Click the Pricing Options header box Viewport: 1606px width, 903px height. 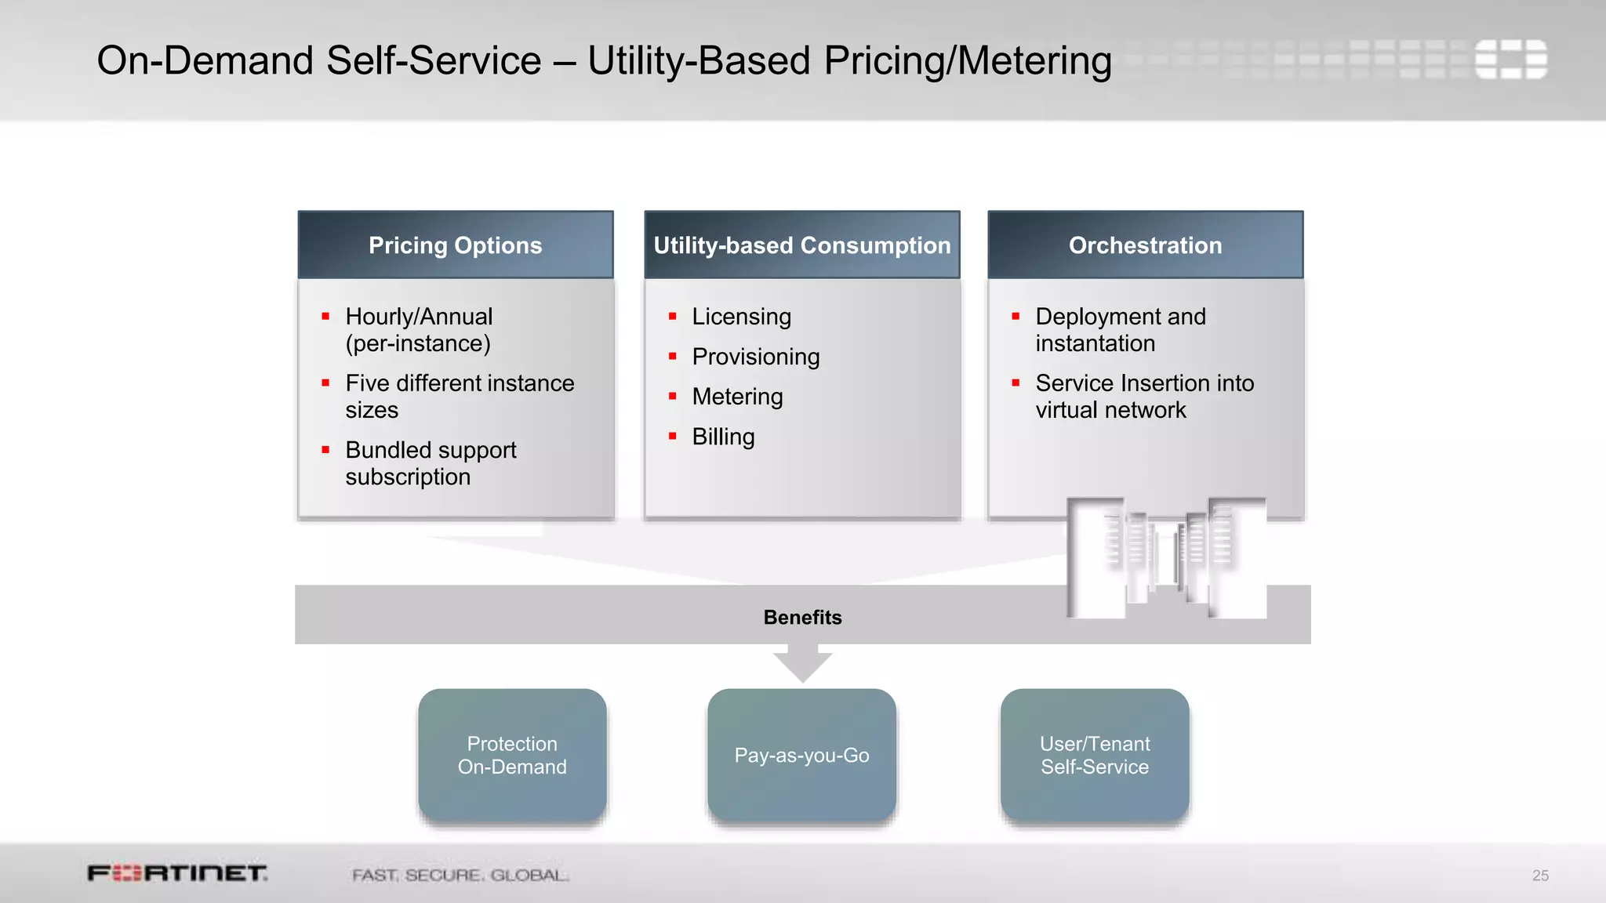pyautogui.click(x=455, y=245)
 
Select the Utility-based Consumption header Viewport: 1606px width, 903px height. pyautogui.click(x=801, y=245)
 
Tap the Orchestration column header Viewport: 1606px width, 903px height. pyautogui.click(x=1145, y=245)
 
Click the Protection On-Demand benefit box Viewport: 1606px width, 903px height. pyautogui.click(x=512, y=755)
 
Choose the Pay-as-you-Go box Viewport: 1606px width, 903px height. pyautogui.click(x=801, y=755)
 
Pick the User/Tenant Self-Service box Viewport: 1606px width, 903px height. pyautogui.click(x=1095, y=755)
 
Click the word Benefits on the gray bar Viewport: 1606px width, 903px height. pyautogui.click(x=802, y=618)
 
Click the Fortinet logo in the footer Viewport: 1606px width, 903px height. pyautogui.click(x=177, y=873)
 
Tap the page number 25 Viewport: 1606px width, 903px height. pyautogui.click(x=1540, y=876)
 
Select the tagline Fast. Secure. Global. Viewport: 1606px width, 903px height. pyautogui.click(x=460, y=875)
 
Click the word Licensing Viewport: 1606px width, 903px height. pyautogui.click(x=741, y=317)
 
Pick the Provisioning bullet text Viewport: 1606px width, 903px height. pyautogui.click(x=755, y=357)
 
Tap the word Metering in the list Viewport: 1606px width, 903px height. pyautogui.click(x=737, y=397)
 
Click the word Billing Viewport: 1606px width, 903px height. pyautogui.click(x=723, y=437)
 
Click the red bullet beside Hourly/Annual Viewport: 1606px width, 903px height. pyautogui.click(x=325, y=317)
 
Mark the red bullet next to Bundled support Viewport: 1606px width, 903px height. pyautogui.click(x=325, y=450)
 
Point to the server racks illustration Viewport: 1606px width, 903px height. pyautogui.click(x=1167, y=557)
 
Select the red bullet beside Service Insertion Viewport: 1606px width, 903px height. pyautogui.click(x=1016, y=383)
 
